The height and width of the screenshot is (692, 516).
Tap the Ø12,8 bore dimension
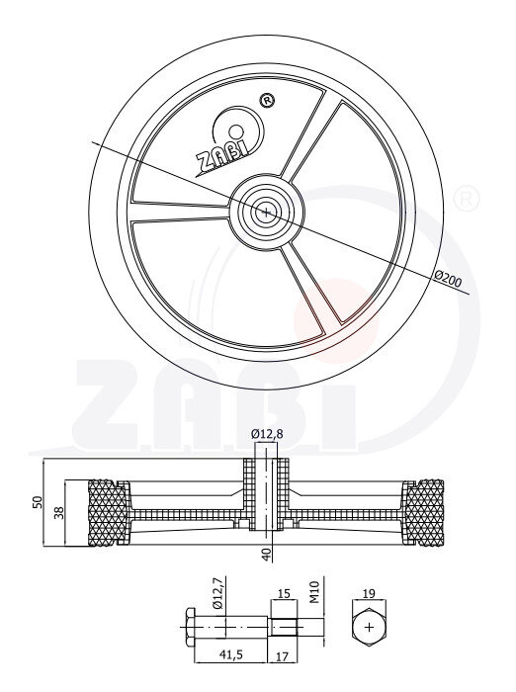coord(266,434)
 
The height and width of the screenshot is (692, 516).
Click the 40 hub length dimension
coord(266,552)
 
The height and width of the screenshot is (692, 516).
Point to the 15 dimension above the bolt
coord(284,594)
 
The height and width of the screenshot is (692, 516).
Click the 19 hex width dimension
coord(369,594)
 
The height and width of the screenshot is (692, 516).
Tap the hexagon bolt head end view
coord(369,627)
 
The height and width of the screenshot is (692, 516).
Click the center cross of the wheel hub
coord(266,210)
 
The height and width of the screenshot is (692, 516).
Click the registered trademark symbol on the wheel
coord(265,100)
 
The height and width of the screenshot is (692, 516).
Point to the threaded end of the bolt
coord(296,627)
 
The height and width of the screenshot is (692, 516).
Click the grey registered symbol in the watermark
coord(466,200)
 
